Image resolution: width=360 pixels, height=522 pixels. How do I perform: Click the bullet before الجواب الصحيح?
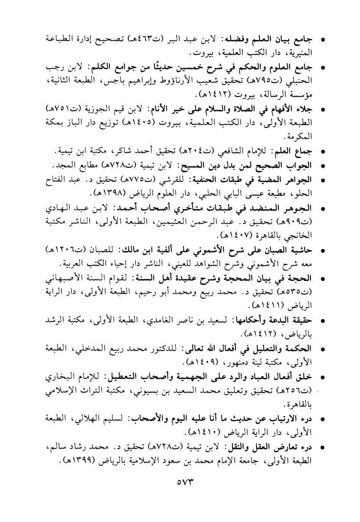coord(323,166)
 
